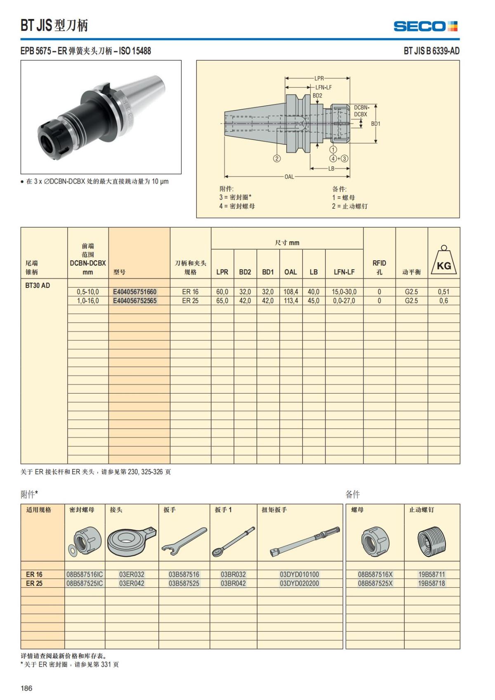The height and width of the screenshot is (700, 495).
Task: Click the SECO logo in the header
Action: click(425, 26)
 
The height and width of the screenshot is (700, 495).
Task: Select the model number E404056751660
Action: click(135, 292)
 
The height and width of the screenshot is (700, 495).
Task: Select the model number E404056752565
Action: click(135, 301)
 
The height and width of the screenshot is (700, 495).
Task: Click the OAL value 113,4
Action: click(290, 301)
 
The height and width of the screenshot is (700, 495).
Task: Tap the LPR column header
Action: click(222, 272)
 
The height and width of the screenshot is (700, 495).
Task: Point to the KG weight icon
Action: click(444, 262)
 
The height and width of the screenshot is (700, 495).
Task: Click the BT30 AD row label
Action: click(38, 285)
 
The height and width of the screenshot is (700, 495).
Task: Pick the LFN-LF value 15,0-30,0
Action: click(344, 292)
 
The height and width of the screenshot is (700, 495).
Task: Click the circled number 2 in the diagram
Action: click(277, 158)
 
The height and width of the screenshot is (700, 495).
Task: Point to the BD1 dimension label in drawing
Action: click(376, 124)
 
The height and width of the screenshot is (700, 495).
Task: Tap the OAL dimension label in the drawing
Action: click(289, 177)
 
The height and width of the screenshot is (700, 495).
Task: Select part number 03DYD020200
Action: click(299, 583)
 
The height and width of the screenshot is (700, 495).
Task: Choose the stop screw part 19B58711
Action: click(431, 574)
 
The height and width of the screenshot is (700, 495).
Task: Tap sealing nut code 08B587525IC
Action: click(85, 583)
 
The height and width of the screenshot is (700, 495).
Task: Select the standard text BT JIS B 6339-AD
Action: click(431, 51)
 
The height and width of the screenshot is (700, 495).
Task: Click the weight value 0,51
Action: click(443, 292)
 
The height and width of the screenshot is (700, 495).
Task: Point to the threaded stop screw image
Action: click(431, 541)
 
